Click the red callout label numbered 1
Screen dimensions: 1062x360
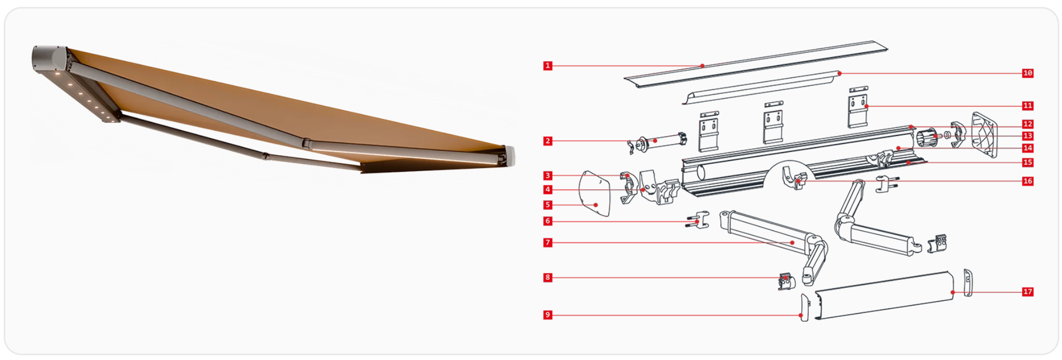[x=548, y=66]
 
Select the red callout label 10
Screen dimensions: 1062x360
[x=1028, y=73]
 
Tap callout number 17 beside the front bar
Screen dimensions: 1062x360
[x=1028, y=292]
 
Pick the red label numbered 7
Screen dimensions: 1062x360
[x=548, y=243]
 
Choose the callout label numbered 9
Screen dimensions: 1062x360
[x=548, y=315]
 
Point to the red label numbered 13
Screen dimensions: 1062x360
[x=1028, y=136]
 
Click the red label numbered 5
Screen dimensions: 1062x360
[x=548, y=205]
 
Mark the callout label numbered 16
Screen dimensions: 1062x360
[x=1028, y=181]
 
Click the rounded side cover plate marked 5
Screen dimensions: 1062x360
[x=595, y=193]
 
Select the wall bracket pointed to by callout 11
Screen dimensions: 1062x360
[x=858, y=107]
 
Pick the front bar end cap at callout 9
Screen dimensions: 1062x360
[x=805, y=307]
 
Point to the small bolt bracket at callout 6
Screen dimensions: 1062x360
[x=697, y=219]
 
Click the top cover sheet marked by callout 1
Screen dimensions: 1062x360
[x=756, y=64]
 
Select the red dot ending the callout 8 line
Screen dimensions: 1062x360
[x=786, y=278]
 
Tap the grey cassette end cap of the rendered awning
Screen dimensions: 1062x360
[x=50, y=59]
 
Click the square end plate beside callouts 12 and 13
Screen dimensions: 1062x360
[x=984, y=135]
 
